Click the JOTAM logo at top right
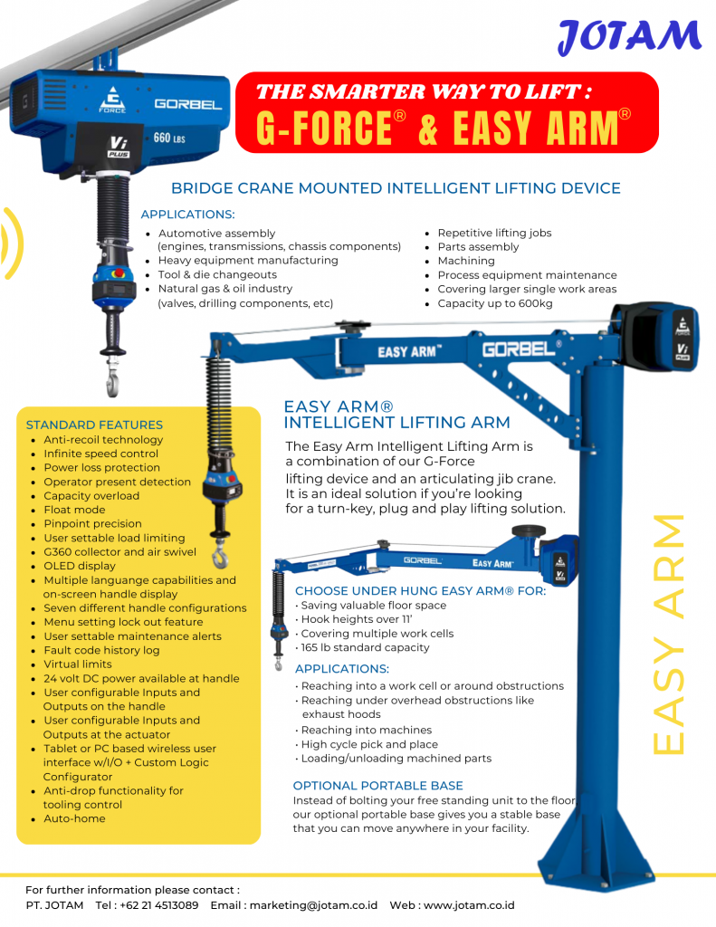[x=629, y=37]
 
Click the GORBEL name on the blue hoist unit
[x=187, y=104]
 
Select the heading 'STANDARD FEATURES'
[x=94, y=425]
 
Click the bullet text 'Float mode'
[x=74, y=510]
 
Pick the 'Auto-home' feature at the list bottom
[x=74, y=818]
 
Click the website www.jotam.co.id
[x=469, y=905]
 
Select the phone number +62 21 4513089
[x=158, y=905]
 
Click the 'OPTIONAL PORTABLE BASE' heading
[x=377, y=785]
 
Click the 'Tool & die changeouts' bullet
[x=217, y=274]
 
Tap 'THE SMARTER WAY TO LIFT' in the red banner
[x=424, y=91]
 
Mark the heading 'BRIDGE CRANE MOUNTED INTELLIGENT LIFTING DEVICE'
[x=396, y=188]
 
